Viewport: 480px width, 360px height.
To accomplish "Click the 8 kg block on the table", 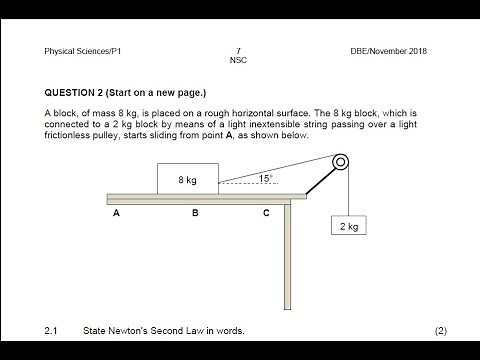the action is [x=187, y=179].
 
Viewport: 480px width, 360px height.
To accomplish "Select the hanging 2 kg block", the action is [x=347, y=227].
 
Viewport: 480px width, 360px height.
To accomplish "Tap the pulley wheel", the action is [x=341, y=163].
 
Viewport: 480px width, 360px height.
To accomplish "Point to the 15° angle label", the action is [x=265, y=178].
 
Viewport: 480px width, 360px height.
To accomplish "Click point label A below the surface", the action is [x=117, y=213].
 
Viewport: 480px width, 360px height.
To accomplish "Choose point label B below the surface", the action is [x=195, y=213].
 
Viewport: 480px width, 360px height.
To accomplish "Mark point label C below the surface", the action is [x=266, y=213].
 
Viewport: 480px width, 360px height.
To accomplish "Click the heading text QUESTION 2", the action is [x=81, y=92].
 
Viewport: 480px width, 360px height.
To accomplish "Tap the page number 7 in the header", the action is [x=238, y=50].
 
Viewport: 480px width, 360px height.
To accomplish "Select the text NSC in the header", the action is [x=238, y=60].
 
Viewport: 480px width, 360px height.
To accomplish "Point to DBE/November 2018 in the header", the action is [x=391, y=50].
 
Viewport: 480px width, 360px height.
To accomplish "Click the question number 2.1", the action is [x=52, y=329].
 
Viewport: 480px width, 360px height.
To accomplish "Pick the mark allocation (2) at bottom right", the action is [x=441, y=329].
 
